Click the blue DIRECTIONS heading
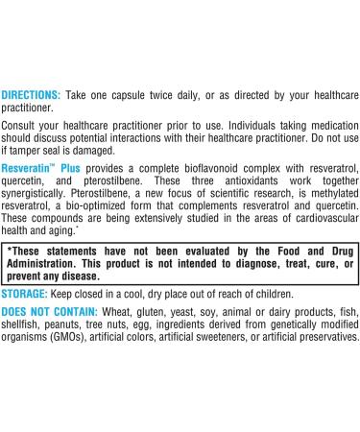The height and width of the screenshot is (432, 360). coord(31,95)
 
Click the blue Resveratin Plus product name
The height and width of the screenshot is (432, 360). coord(41,169)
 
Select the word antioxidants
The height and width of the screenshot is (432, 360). coord(223,183)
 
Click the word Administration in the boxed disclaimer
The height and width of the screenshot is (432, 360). coord(49,264)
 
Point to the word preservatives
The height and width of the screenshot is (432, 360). coord(322,340)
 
